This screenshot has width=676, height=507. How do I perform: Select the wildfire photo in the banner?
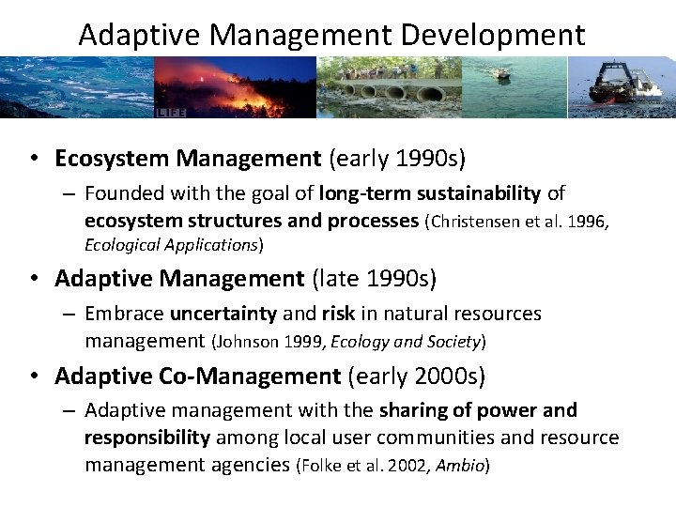(x=235, y=86)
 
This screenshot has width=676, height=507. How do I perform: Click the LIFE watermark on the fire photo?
(x=170, y=112)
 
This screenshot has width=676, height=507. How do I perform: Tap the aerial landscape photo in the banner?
(x=75, y=86)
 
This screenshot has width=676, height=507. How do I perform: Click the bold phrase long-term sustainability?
(x=430, y=193)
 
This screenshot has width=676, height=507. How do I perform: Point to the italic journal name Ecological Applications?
(x=172, y=244)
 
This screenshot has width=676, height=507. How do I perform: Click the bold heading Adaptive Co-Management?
(x=197, y=376)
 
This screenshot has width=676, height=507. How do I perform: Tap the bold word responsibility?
(x=147, y=438)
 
